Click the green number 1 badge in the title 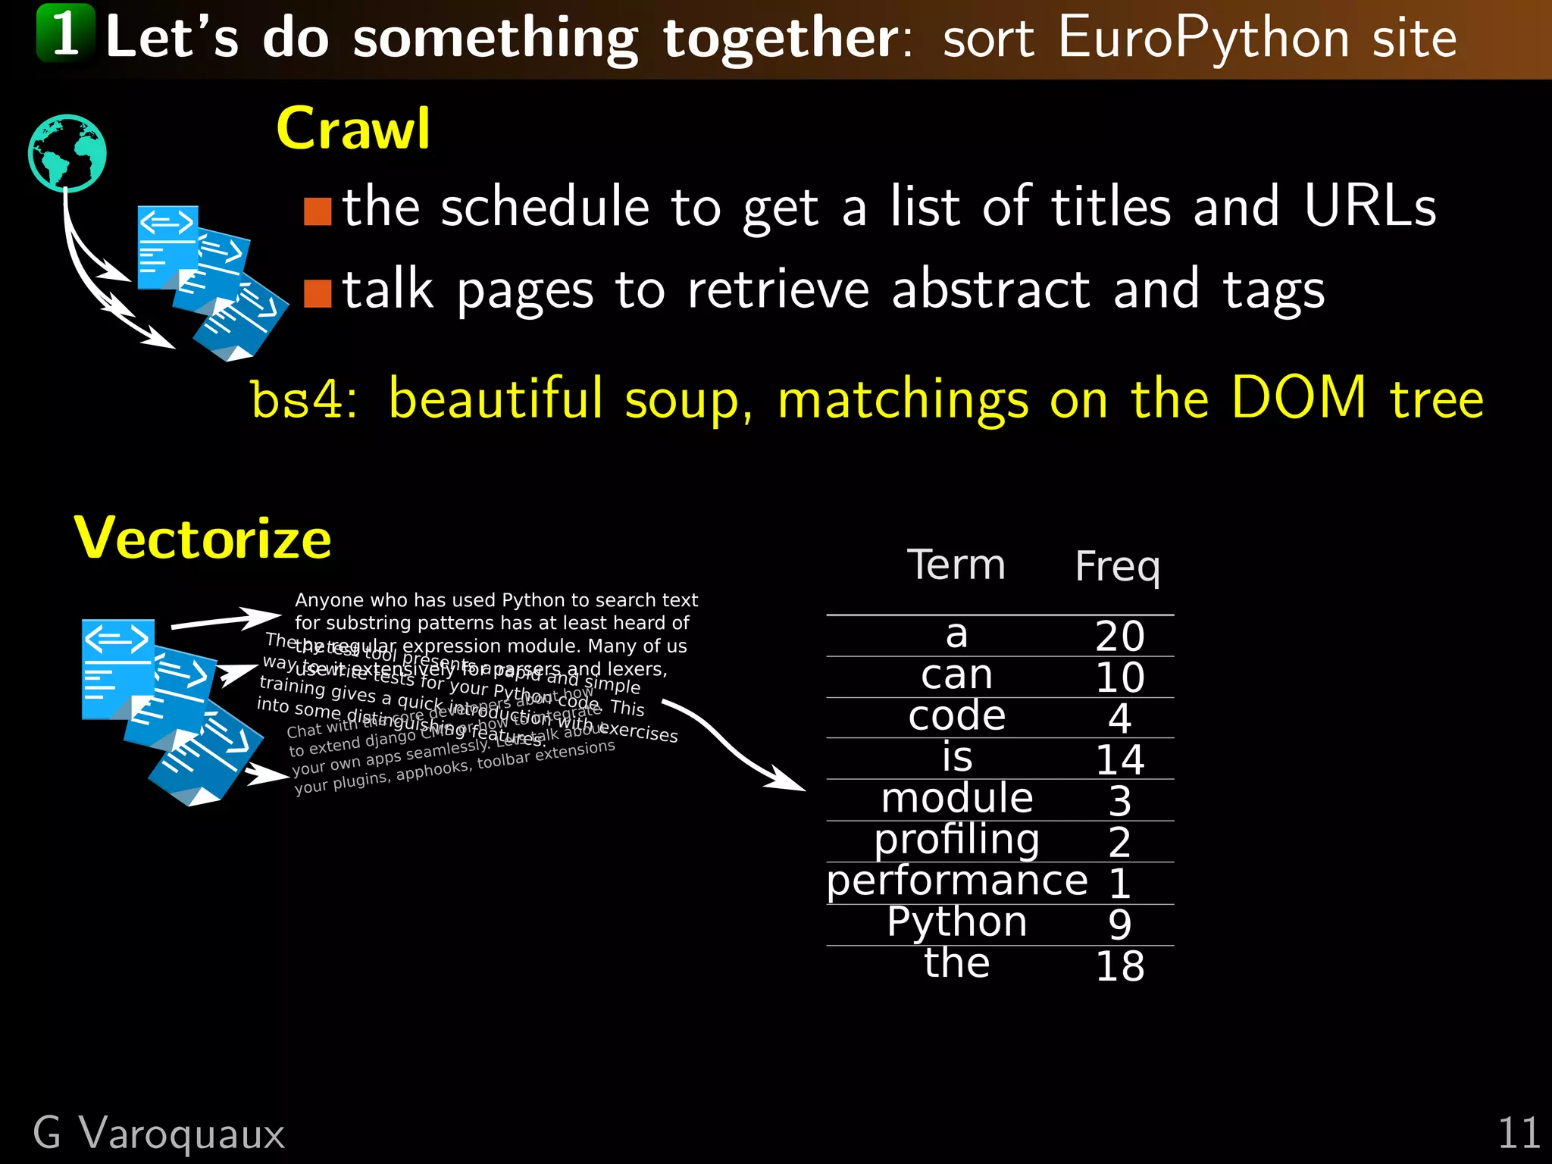(x=66, y=33)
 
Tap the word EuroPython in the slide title (x=1204, y=37)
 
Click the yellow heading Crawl (x=353, y=129)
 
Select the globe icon (x=67, y=153)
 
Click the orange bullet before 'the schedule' (x=318, y=212)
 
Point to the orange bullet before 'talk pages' (x=318, y=294)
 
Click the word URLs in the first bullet (x=1369, y=206)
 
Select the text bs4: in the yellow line (x=303, y=399)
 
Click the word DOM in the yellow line (x=1298, y=398)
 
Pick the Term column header (x=956, y=565)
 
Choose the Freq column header (x=1117, y=567)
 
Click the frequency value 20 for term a (x=1119, y=637)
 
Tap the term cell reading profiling (x=956, y=840)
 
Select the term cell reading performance (x=956, y=881)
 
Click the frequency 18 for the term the (x=1119, y=966)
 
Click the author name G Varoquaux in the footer (x=159, y=1134)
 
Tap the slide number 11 (x=1518, y=1134)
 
